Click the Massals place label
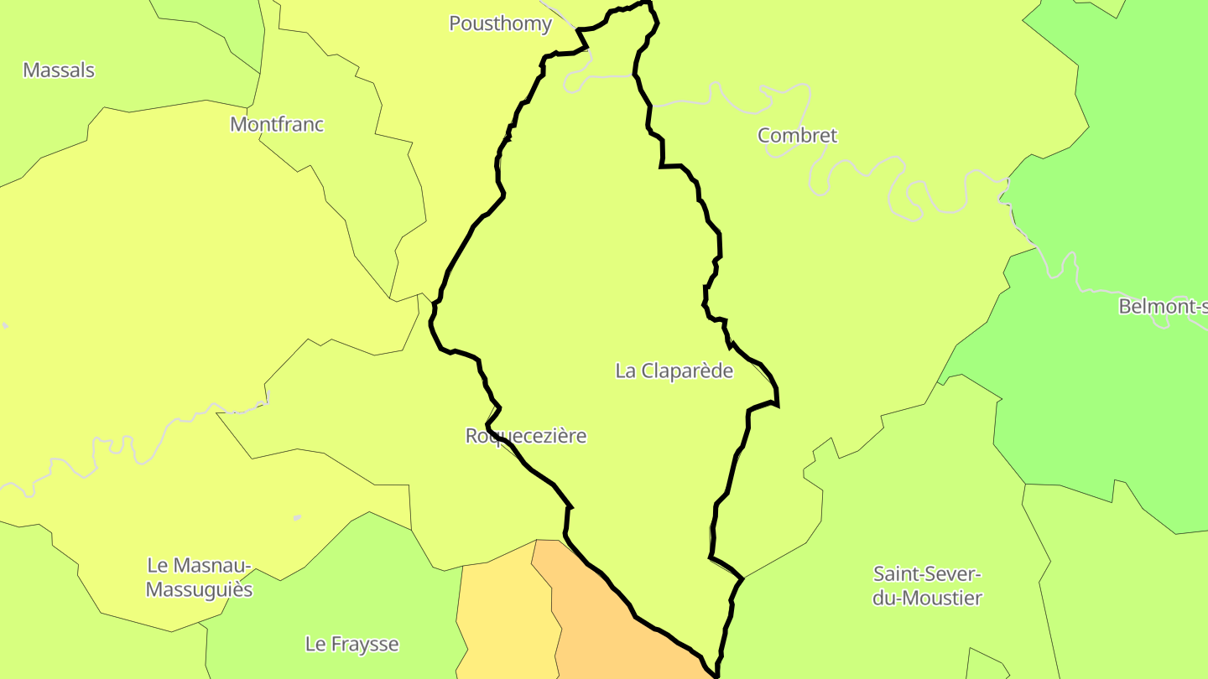59,70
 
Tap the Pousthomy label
500,23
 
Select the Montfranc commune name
277,125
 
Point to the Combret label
797,136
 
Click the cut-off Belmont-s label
1163,307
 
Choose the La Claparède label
674,371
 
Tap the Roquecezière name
526,436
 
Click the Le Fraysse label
351,645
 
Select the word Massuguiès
199,590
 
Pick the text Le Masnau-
199,566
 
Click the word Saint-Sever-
927,574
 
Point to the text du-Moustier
927,599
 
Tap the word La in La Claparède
625,371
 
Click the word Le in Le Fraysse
315,645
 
